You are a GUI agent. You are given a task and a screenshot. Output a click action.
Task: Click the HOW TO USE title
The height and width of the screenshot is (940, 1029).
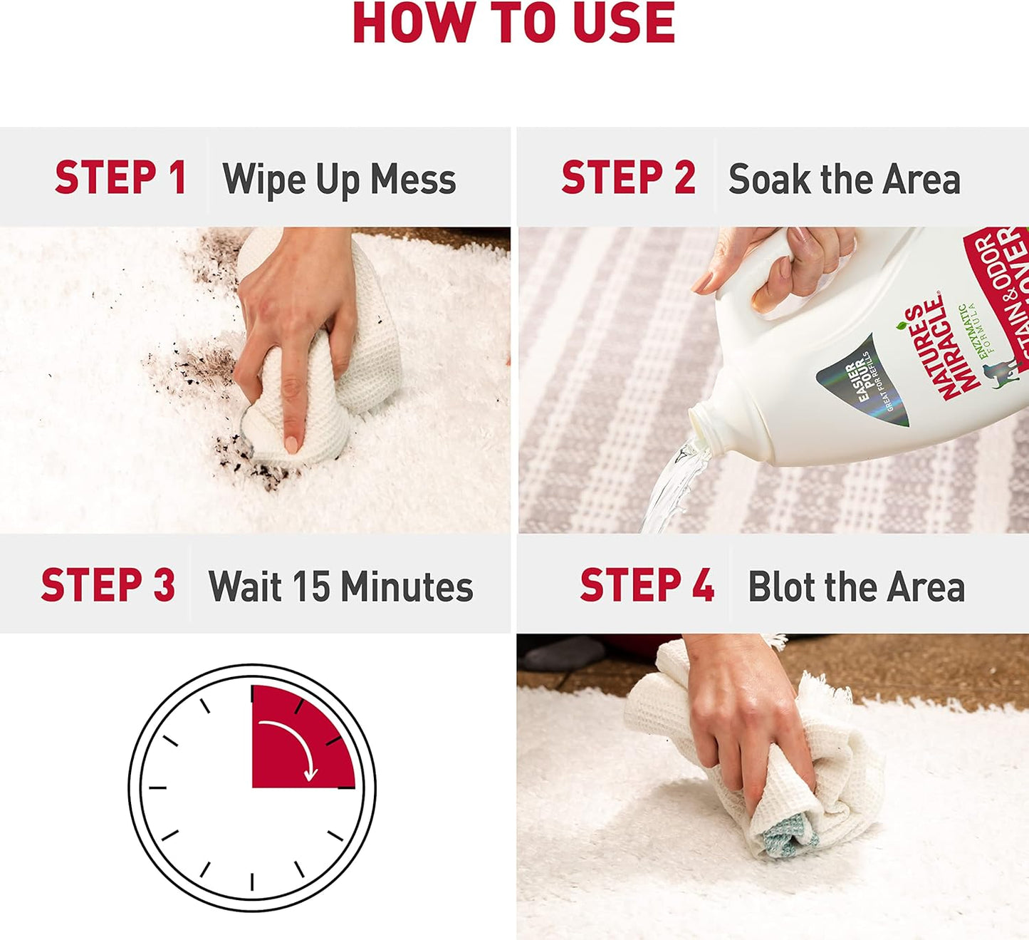pyautogui.click(x=513, y=24)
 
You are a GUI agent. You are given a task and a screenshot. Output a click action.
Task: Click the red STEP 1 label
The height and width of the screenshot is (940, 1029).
pyautogui.click(x=120, y=178)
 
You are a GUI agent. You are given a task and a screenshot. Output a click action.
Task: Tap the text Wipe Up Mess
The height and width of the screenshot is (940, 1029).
pyautogui.click(x=339, y=180)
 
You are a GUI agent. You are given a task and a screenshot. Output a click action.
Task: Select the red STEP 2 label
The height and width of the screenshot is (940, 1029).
pyautogui.click(x=628, y=178)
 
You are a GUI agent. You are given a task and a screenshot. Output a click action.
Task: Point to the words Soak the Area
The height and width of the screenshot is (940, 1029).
pyautogui.click(x=844, y=180)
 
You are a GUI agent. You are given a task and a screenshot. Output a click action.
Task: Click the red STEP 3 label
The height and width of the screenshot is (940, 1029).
pyautogui.click(x=108, y=586)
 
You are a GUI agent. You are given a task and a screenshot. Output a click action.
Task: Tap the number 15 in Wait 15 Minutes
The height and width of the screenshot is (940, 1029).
pyautogui.click(x=312, y=587)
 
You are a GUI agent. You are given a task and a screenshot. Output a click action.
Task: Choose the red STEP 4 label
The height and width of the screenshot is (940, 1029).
pyautogui.click(x=647, y=586)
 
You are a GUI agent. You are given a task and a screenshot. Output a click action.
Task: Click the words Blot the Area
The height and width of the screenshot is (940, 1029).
pyautogui.click(x=856, y=587)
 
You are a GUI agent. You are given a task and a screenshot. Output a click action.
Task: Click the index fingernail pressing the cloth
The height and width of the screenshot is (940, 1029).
pyautogui.click(x=291, y=445)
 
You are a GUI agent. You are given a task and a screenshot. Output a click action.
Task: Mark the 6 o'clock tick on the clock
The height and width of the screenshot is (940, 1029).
pyautogui.click(x=252, y=882)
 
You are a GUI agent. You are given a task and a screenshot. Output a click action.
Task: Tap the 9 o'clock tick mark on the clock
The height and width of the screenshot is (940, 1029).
pyautogui.click(x=157, y=787)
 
